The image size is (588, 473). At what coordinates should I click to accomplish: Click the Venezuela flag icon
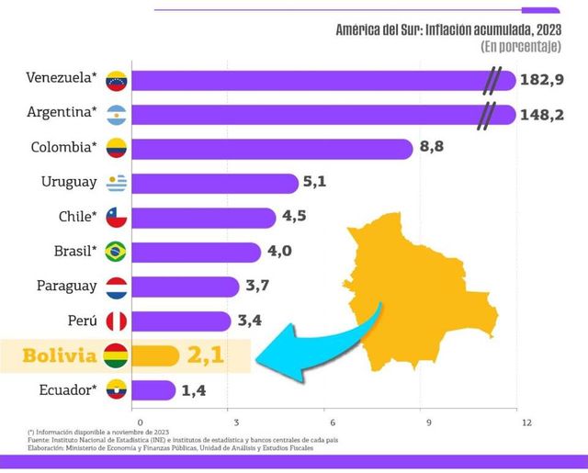click(116, 80)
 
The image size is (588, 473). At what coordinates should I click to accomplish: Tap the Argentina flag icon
click(116, 115)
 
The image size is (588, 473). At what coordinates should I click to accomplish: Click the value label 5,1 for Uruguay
click(314, 182)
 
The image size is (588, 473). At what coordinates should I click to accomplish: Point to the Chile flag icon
click(116, 217)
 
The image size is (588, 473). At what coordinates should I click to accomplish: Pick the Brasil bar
click(197, 252)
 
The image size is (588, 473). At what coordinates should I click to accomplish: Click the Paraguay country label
click(66, 286)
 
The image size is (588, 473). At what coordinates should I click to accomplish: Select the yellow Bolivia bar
click(155, 355)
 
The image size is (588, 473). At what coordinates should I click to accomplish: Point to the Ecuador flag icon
click(116, 389)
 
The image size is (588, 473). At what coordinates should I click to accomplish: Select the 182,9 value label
click(543, 80)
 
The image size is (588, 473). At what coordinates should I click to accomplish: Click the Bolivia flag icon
click(116, 355)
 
